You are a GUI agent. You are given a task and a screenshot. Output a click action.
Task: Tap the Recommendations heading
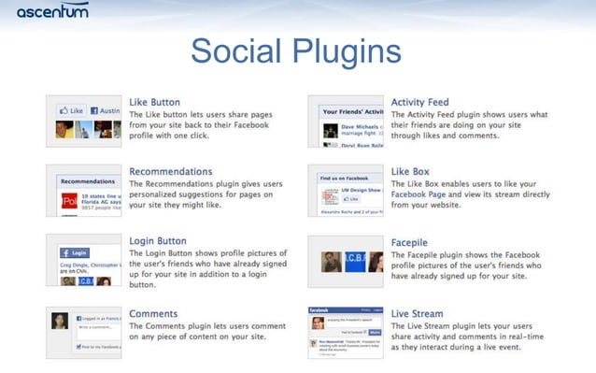pyautogui.click(x=170, y=171)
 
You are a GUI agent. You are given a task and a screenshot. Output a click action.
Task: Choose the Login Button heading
pyautogui.click(x=158, y=240)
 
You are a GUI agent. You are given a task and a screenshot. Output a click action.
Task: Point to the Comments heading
pyautogui.click(x=153, y=313)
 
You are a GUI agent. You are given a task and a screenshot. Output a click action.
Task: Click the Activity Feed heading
pyautogui.click(x=419, y=102)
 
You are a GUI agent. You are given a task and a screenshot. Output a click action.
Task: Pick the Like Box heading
pyautogui.click(x=410, y=171)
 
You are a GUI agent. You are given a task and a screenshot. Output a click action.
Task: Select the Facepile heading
pyautogui.click(x=412, y=242)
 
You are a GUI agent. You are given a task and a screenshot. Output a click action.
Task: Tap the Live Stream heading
pyautogui.click(x=417, y=313)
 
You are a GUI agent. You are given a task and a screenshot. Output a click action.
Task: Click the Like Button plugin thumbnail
pyautogui.click(x=83, y=121)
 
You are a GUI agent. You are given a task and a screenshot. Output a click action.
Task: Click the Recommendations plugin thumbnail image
pyautogui.click(x=83, y=191)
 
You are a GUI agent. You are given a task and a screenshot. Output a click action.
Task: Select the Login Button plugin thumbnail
pyautogui.click(x=83, y=261)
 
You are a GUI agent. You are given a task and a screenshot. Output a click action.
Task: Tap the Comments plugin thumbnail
pyautogui.click(x=83, y=333)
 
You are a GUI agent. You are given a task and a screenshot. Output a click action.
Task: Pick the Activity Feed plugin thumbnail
pyautogui.click(x=346, y=121)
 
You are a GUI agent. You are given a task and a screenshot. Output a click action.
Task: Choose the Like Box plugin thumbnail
pyautogui.click(x=346, y=191)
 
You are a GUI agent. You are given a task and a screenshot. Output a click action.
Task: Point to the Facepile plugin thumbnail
pyautogui.click(x=346, y=261)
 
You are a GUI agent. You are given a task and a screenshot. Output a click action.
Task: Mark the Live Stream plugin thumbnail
pyautogui.click(x=346, y=333)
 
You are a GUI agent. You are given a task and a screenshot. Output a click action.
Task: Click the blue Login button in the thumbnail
pyautogui.click(x=75, y=252)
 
